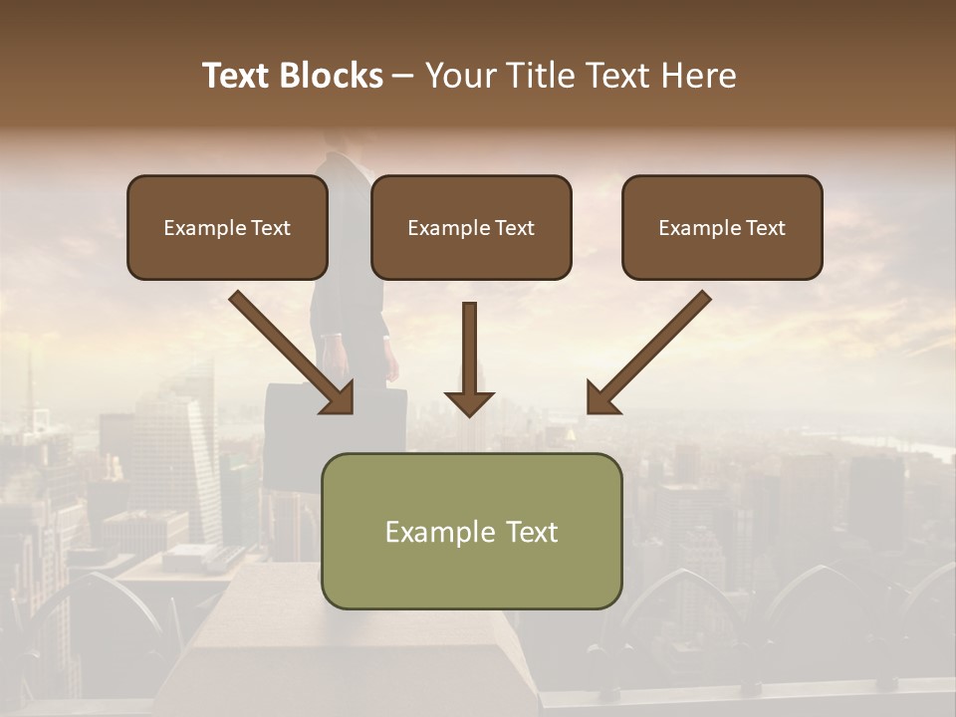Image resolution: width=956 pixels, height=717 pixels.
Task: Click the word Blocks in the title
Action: (x=334, y=76)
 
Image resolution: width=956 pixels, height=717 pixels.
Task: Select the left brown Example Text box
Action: (x=227, y=227)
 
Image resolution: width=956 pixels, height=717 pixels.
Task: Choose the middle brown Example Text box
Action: (x=471, y=227)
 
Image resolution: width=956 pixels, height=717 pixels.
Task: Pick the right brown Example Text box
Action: (x=722, y=227)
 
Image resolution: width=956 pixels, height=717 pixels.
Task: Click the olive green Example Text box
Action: (x=471, y=531)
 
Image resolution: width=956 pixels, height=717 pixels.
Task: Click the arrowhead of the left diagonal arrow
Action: (x=338, y=397)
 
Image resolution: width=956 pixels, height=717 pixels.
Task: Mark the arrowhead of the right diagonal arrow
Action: (x=601, y=397)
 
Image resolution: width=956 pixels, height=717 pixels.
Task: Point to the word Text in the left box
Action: (x=270, y=228)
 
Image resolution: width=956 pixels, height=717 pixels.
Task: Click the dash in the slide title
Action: (x=403, y=76)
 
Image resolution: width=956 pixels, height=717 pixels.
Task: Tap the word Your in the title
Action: (x=459, y=76)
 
